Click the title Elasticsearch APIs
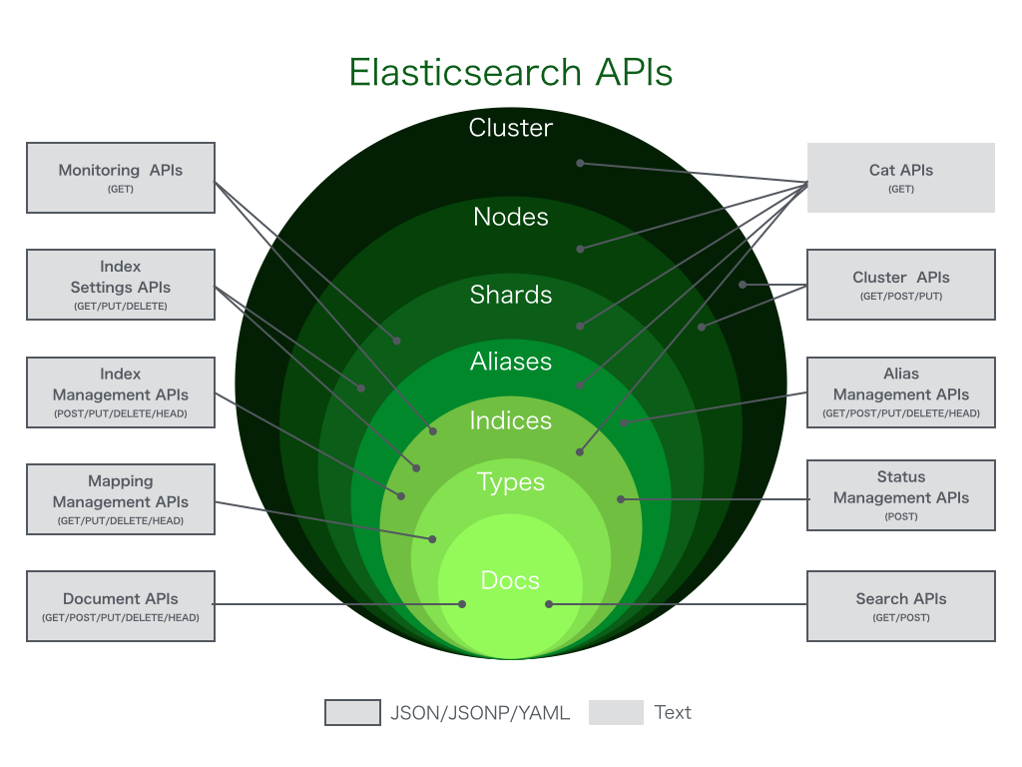[x=510, y=73]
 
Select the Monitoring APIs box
[x=121, y=178]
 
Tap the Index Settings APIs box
[x=121, y=285]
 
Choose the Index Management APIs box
[x=121, y=392]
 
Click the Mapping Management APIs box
[x=121, y=499]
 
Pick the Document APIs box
[x=121, y=606]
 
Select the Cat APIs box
[x=900, y=178]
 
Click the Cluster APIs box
[x=900, y=285]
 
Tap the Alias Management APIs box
[x=900, y=392]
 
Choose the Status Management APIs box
[x=900, y=495]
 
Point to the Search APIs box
[x=900, y=606]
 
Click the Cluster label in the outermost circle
[x=510, y=128]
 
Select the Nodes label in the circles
[x=510, y=217]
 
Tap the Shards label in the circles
[x=510, y=295]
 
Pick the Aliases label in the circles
[x=510, y=362]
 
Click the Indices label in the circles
[x=510, y=421]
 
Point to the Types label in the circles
[x=510, y=482]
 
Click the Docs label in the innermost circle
[x=510, y=580]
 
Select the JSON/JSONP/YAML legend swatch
[x=352, y=712]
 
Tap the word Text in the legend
[x=673, y=712]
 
